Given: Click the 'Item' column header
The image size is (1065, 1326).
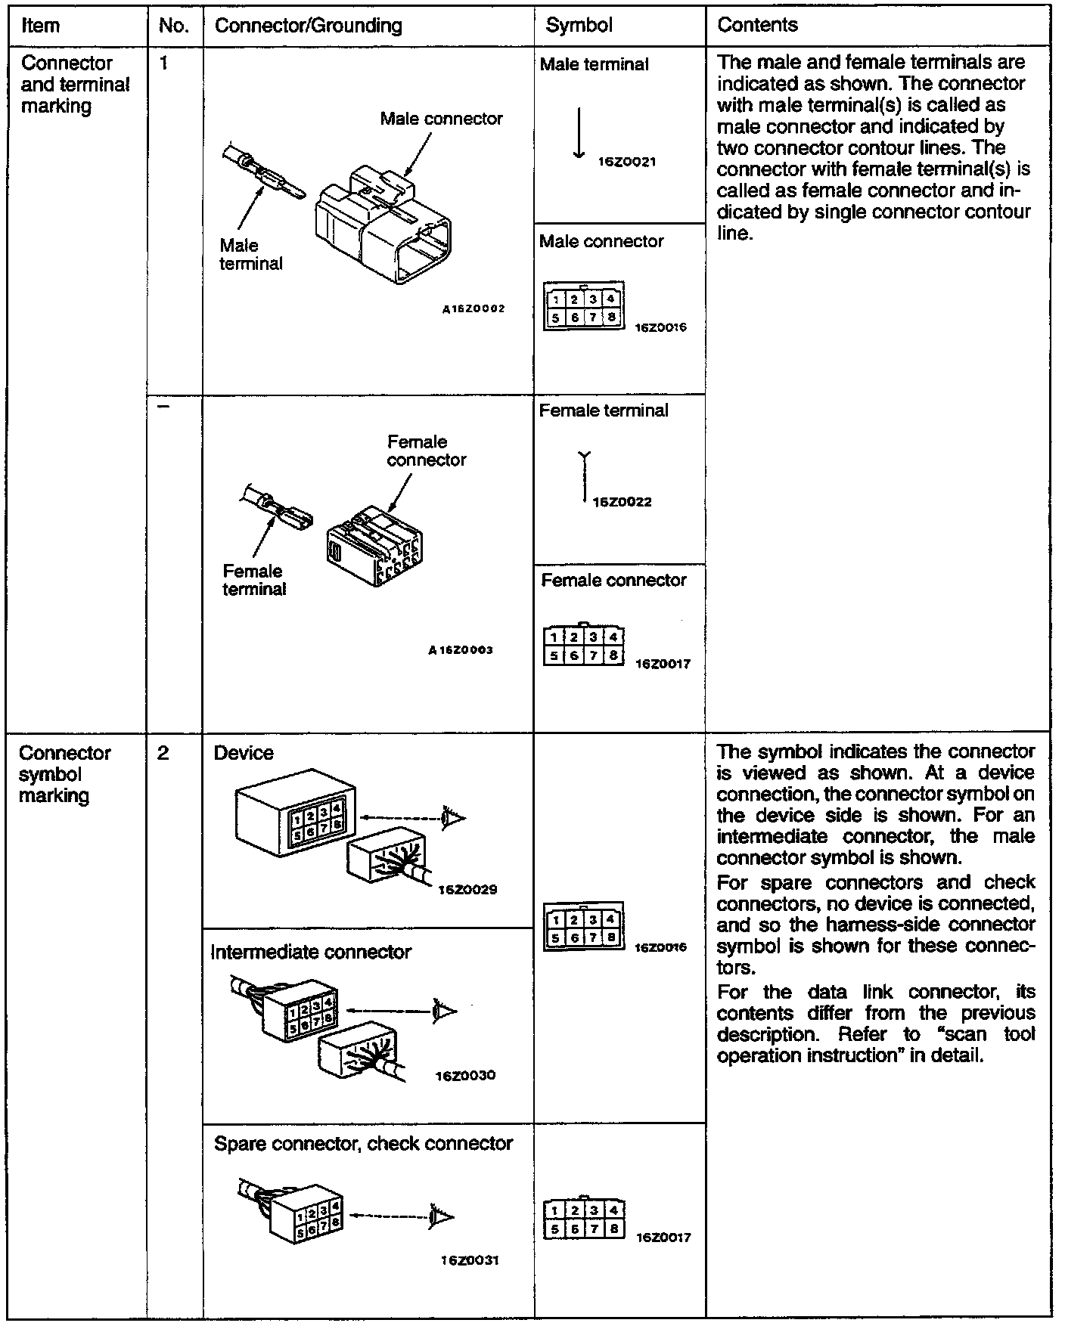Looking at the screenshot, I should click(40, 26).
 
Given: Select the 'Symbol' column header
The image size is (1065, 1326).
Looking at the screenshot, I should click(579, 26).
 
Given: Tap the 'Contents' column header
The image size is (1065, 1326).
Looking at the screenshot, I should click(757, 26).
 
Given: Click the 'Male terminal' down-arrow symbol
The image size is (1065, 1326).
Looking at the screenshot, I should click(579, 133).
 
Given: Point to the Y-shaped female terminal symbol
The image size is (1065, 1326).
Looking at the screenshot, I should click(584, 476).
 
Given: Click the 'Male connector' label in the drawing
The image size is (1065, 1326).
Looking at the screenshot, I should click(441, 119).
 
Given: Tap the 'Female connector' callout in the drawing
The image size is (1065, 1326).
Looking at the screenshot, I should click(427, 451).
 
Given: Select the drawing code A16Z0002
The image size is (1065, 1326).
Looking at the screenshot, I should click(474, 308).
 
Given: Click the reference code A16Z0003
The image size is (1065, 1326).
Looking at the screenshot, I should click(461, 649).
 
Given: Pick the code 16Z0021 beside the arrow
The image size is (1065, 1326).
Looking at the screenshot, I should click(627, 162).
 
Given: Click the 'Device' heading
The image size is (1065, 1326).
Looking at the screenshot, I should click(244, 753).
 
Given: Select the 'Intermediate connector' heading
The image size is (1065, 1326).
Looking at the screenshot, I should click(311, 952).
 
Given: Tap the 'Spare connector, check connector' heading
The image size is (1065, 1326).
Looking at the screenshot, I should click(363, 1143).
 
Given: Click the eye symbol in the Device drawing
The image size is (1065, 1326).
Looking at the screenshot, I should click(455, 817).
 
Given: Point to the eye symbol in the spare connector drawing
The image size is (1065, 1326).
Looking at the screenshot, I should click(442, 1216).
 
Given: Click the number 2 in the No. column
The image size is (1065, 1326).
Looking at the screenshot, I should click(164, 753).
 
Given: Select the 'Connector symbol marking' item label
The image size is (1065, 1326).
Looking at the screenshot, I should click(64, 774).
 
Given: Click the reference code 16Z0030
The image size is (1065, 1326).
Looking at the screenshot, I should click(465, 1075).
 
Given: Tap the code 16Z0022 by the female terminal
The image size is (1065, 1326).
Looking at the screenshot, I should click(622, 502).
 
